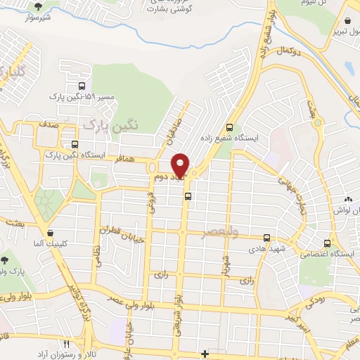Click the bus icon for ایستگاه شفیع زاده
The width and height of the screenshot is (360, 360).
229,127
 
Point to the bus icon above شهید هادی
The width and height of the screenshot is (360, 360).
266,238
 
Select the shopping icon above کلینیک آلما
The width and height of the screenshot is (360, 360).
50,233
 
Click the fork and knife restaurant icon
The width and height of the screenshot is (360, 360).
67,345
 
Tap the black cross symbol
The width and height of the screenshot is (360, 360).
205,353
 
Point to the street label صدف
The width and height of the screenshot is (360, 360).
49,124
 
